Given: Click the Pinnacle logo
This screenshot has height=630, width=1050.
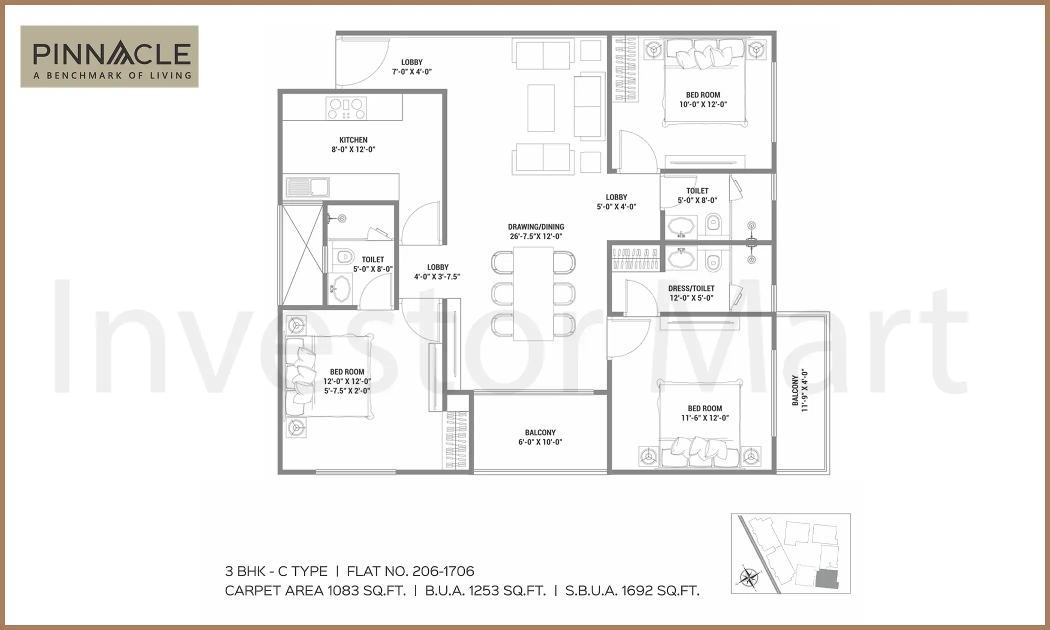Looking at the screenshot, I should (x=109, y=56).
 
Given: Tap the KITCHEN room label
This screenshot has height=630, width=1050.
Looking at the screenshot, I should (x=353, y=144).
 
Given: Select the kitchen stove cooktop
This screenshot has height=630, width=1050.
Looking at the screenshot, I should (x=345, y=108).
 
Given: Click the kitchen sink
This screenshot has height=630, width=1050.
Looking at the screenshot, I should (x=307, y=187).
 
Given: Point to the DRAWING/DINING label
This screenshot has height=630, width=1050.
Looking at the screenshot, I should (x=536, y=231).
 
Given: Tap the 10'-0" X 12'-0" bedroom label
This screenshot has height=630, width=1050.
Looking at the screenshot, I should (x=702, y=99).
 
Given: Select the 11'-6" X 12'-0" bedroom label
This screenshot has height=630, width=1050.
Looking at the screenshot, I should (x=704, y=413).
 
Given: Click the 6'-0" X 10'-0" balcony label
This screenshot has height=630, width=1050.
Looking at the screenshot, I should (x=540, y=437).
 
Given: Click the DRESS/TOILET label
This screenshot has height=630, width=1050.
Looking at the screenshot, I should (x=691, y=293).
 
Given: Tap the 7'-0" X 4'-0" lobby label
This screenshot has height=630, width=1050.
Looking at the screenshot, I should (x=411, y=67).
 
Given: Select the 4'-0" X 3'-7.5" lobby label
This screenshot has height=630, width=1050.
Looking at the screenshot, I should (x=437, y=272).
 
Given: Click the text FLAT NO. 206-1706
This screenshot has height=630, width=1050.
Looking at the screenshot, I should (x=410, y=571).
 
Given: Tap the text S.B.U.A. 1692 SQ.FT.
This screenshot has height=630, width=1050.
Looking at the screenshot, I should (x=632, y=591).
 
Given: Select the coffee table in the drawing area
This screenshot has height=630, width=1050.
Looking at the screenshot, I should (x=540, y=108).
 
